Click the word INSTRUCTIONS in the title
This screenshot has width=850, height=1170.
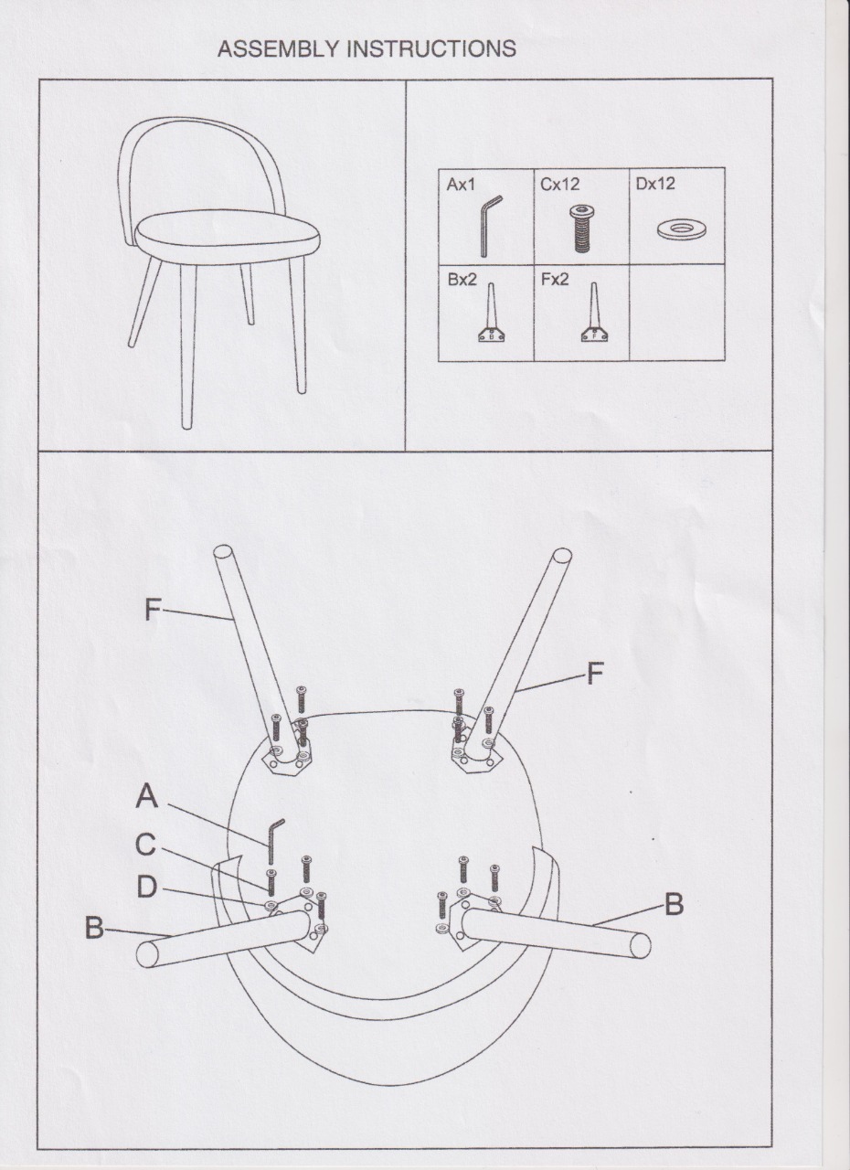pyautogui.click(x=431, y=48)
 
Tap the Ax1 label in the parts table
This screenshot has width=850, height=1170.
pyautogui.click(x=461, y=185)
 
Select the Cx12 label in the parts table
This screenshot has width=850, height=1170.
pyautogui.click(x=559, y=185)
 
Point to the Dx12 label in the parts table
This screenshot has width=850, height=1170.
pyautogui.click(x=655, y=184)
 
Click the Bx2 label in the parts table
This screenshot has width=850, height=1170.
pyautogui.click(x=462, y=280)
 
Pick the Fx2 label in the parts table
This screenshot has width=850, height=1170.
pyautogui.click(x=555, y=280)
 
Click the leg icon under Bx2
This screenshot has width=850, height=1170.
pyautogui.click(x=492, y=313)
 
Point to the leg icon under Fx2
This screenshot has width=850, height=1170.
pyautogui.click(x=595, y=313)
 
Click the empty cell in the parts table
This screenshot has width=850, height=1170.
pyautogui.click(x=677, y=312)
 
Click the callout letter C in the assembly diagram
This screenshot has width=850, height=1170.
pyautogui.click(x=146, y=859)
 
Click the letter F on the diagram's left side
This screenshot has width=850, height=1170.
pyautogui.click(x=153, y=610)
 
